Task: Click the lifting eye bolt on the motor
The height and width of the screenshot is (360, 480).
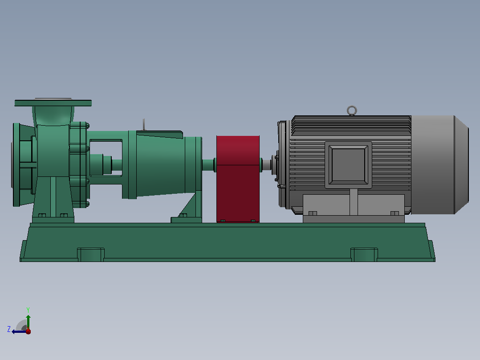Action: point(352,107)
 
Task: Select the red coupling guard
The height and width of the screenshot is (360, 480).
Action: point(238,179)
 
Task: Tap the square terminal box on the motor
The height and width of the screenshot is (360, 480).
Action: point(348,165)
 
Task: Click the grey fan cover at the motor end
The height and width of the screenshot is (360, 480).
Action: point(439,164)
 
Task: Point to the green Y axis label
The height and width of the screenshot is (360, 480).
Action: point(28,310)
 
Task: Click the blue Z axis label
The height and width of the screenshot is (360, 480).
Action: point(9,329)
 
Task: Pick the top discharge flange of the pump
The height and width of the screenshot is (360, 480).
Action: point(53,103)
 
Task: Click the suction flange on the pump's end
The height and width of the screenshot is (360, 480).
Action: point(16,165)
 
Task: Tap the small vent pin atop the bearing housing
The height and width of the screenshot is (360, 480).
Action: point(144,125)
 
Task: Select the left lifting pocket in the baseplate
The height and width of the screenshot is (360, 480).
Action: point(91,254)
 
